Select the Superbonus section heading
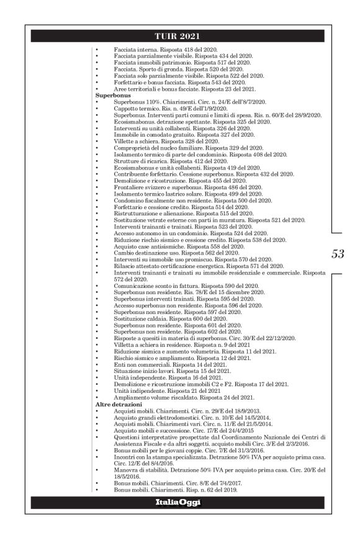click(x=110, y=96)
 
